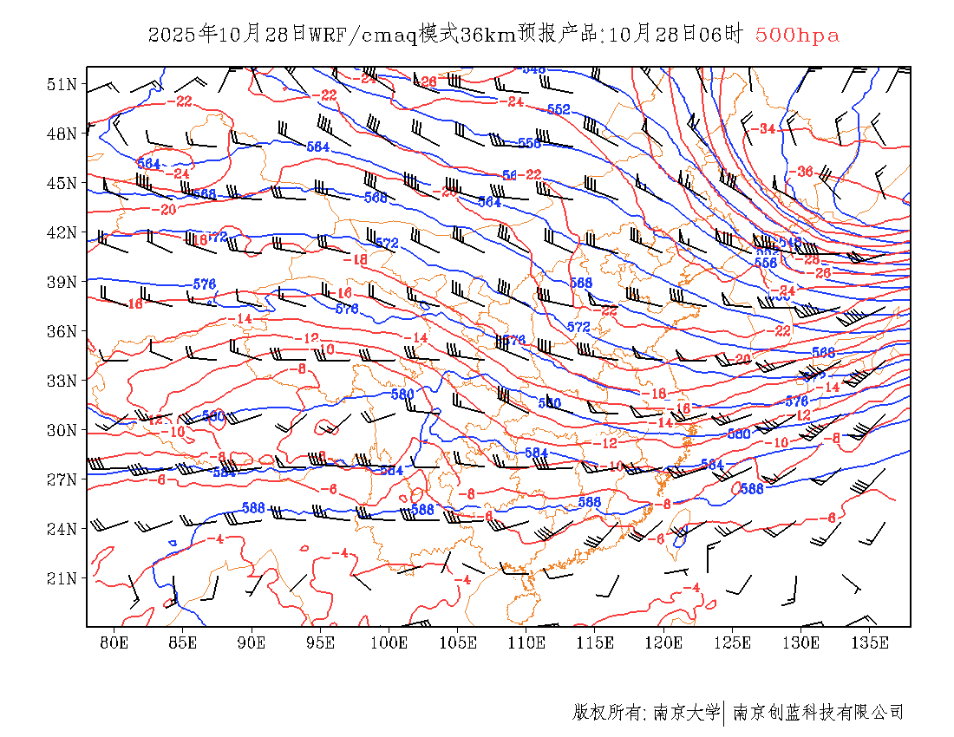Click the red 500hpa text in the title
[x=797, y=36]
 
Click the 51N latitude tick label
[x=62, y=84]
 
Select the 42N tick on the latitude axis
[x=62, y=232]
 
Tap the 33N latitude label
[x=62, y=381]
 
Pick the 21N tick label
[x=62, y=578]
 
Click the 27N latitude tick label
[x=62, y=479]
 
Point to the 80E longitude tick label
[x=114, y=642]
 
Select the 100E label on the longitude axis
[x=389, y=642]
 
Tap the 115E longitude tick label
[x=596, y=642]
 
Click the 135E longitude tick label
[x=871, y=642]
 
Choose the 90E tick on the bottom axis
[x=252, y=642]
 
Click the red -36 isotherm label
[x=803, y=172]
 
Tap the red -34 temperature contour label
[x=764, y=129]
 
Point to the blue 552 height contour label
[x=559, y=109]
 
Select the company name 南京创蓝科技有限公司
[x=819, y=713]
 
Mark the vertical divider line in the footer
[x=724, y=713]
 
